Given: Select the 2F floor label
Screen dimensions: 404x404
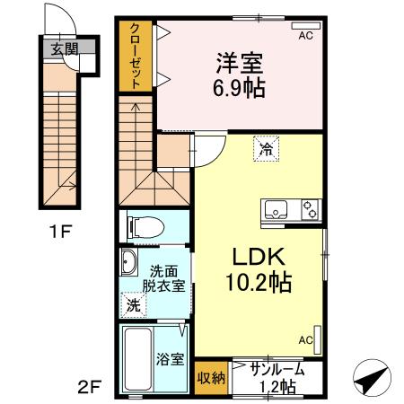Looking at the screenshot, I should (90, 388).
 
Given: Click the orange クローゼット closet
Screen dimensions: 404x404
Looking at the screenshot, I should (135, 56).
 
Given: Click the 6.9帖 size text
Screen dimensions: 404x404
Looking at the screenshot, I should (240, 90).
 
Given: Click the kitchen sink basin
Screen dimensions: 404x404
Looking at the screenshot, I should (275, 209).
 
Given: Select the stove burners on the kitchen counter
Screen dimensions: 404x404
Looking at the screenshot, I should (310, 209).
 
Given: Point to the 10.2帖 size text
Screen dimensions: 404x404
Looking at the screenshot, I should (258, 283).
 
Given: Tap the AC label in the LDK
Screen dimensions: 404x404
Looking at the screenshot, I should (305, 339).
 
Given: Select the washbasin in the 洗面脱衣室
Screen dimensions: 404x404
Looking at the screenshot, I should (128, 263).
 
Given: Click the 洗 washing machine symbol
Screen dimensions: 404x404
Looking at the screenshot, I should (133, 304).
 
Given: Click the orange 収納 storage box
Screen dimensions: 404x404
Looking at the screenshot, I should (211, 377).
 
